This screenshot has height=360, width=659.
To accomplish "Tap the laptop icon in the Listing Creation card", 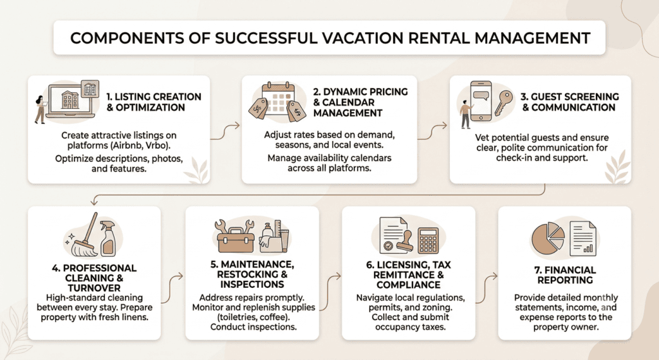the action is pos(71,101).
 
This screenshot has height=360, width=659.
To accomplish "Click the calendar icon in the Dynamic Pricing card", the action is pos(275,99).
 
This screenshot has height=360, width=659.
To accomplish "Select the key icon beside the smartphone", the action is pos(503,103).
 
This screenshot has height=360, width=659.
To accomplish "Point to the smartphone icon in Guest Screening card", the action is pos(481,101).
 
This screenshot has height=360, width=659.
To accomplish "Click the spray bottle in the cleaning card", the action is pos(108,238).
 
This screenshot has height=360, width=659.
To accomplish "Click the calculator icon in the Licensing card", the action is pos(428,240).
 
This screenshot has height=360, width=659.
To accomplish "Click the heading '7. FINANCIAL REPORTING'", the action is pos(565,275).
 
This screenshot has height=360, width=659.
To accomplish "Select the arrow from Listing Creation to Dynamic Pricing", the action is pos(225,132).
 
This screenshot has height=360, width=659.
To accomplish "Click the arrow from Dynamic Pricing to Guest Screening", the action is pos(432,131).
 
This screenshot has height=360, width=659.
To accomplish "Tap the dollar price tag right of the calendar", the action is pos(296,111).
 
